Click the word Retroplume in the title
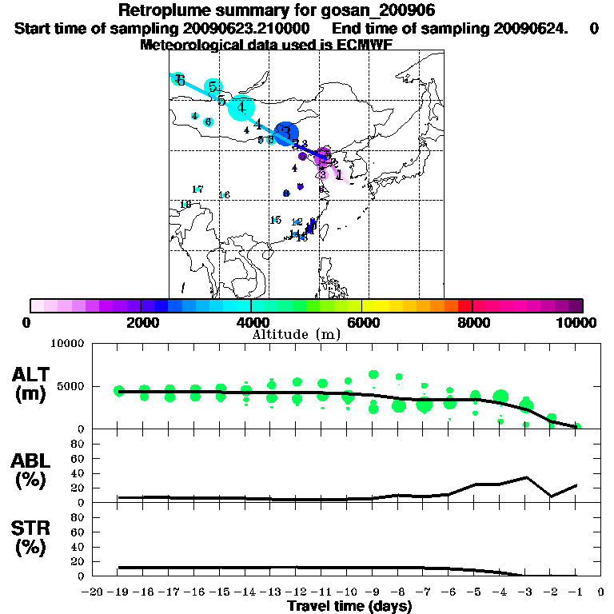click(165, 11)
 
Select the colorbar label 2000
click(141, 323)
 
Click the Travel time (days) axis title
click(349, 606)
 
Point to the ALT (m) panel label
click(33, 385)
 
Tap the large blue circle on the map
click(286, 132)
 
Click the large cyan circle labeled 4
click(241, 106)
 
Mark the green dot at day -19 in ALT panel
click(119, 391)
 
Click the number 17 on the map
click(197, 189)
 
